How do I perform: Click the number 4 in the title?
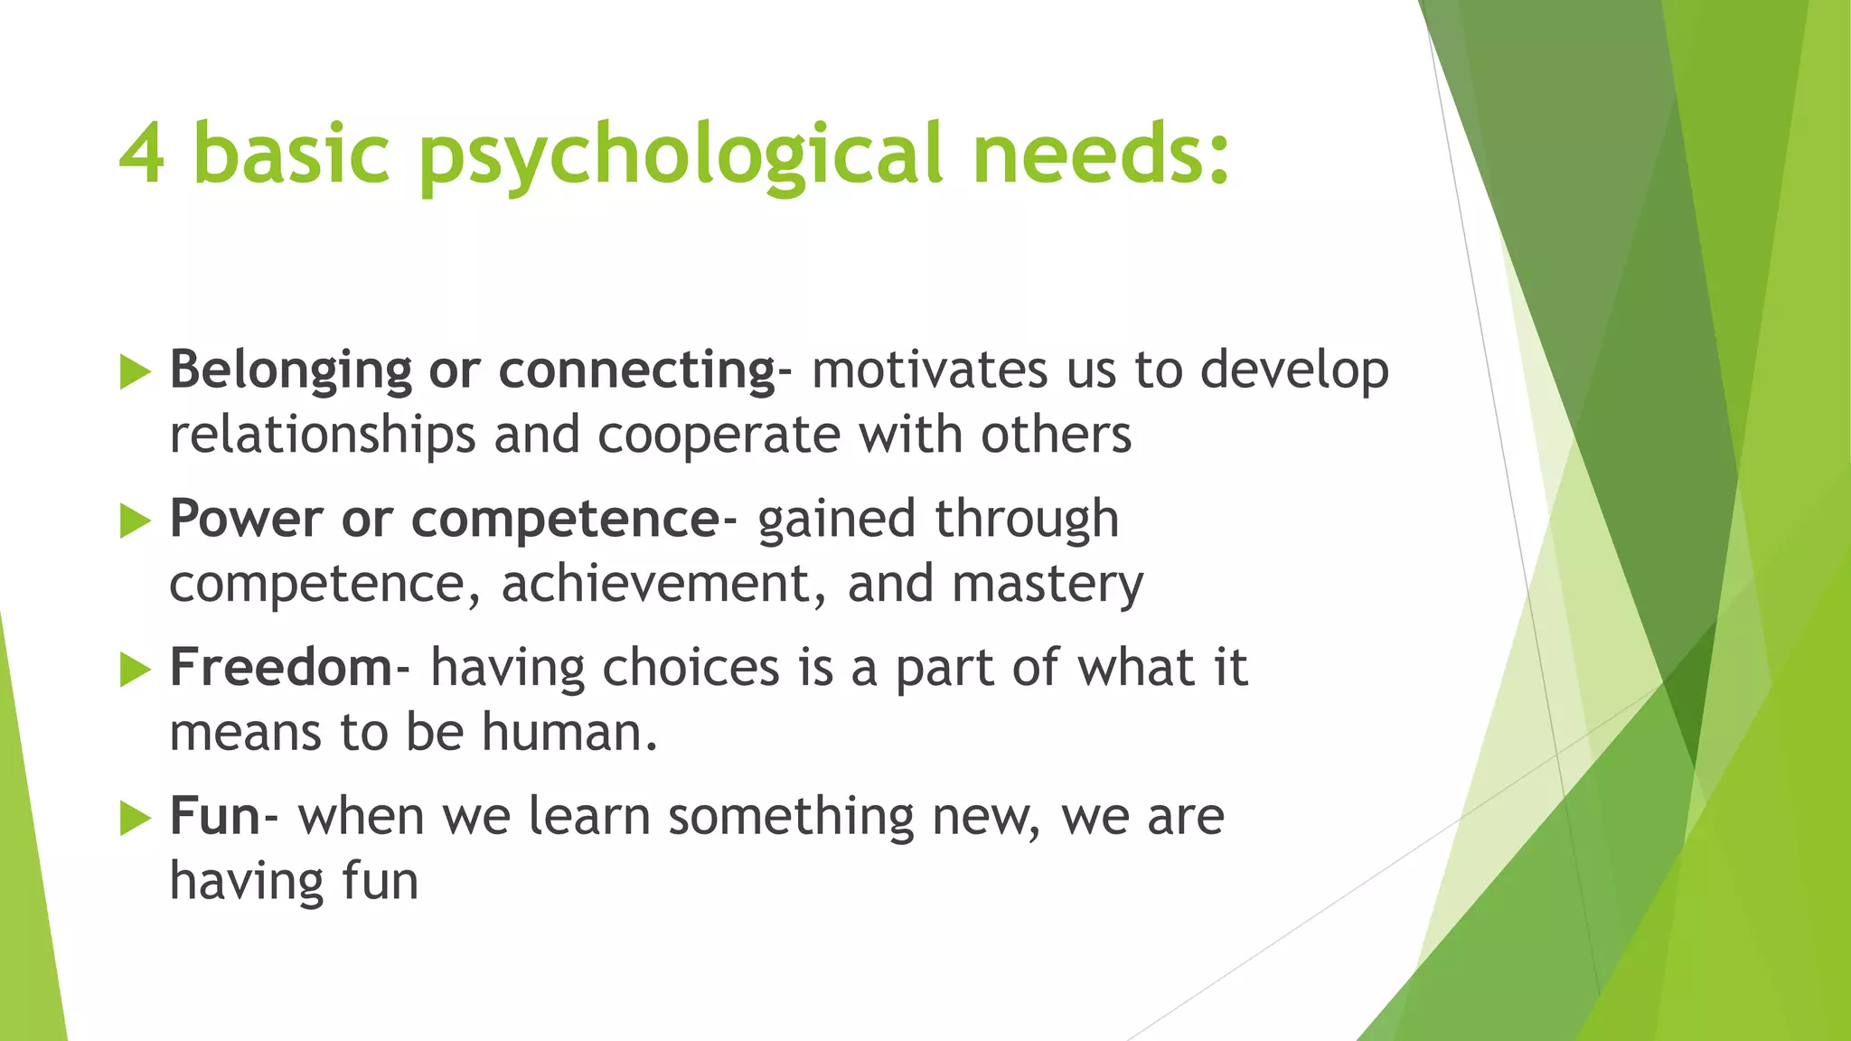(x=142, y=154)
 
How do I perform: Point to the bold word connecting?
(x=636, y=371)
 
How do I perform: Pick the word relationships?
(x=322, y=436)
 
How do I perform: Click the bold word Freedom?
(x=280, y=668)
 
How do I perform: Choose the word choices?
(x=691, y=668)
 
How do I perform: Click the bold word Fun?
(x=215, y=816)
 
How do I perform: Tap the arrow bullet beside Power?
(x=135, y=520)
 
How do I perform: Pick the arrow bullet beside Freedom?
(x=135, y=670)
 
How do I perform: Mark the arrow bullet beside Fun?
(x=135, y=818)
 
